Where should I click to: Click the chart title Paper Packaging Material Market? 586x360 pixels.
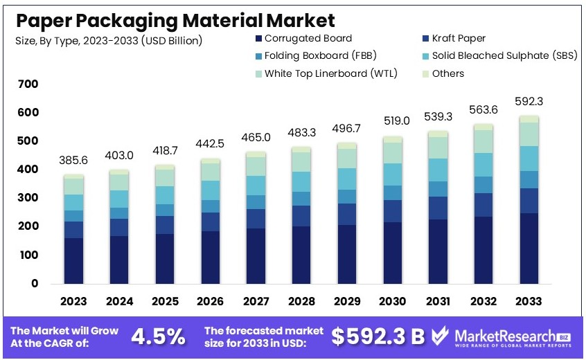[176, 20]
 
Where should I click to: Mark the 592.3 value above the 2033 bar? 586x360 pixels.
[530, 101]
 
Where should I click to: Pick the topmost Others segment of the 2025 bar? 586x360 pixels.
[164, 167]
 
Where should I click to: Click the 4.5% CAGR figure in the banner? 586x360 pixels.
[159, 336]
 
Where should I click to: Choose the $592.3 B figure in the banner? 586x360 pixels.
[378, 336]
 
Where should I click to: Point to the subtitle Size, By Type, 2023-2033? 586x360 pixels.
[109, 41]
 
